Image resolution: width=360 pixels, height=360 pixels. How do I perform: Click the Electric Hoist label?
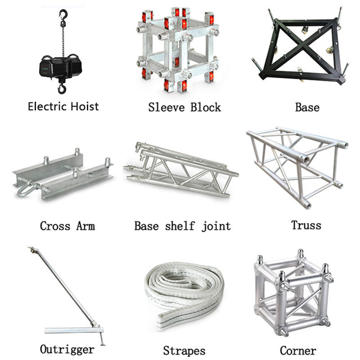tap(63, 107)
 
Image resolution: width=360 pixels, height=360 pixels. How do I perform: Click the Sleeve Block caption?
tap(184, 108)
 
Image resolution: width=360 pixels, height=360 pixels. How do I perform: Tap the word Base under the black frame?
tap(307, 108)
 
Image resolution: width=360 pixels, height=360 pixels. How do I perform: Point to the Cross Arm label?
tap(67, 225)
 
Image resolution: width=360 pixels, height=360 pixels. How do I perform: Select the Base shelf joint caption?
tap(182, 225)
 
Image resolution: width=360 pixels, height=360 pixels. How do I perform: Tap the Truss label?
tap(306, 225)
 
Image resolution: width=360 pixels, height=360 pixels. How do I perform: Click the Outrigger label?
tap(67, 349)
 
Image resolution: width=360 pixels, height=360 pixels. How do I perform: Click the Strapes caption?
tap(184, 351)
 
